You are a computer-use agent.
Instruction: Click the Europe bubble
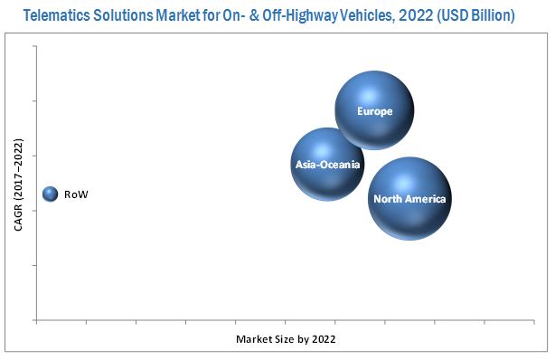[374, 110]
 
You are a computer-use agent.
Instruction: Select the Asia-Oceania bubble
[327, 164]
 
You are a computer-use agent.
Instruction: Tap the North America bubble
[409, 198]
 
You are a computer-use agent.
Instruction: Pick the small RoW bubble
[50, 194]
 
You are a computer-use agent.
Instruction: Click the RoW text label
[76, 194]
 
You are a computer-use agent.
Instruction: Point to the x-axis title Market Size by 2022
[286, 339]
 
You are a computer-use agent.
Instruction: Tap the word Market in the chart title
[185, 15]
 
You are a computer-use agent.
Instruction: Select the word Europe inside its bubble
[374, 111]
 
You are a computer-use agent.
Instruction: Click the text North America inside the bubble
[409, 199]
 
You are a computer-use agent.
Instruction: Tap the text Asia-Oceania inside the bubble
[327, 165]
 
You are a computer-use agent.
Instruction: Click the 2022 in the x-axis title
[323, 339]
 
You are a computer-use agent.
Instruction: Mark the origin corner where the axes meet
[36, 319]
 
